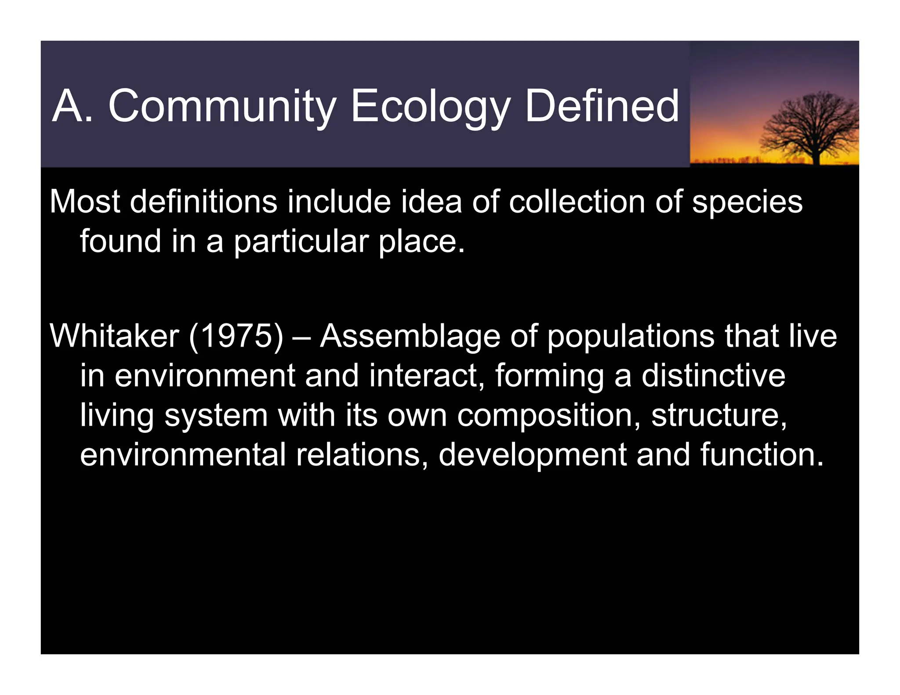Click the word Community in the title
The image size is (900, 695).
[x=222, y=107]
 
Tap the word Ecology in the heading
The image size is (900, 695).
[x=430, y=107]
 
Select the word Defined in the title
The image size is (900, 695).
[x=602, y=107]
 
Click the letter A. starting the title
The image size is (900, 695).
[x=73, y=107]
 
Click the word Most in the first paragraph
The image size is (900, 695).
[x=85, y=202]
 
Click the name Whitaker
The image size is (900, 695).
[x=114, y=336]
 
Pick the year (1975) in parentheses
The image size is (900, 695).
[x=236, y=336]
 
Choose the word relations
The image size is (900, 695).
[x=362, y=455]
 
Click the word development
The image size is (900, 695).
[x=532, y=456]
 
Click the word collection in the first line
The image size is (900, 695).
[x=577, y=202]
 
